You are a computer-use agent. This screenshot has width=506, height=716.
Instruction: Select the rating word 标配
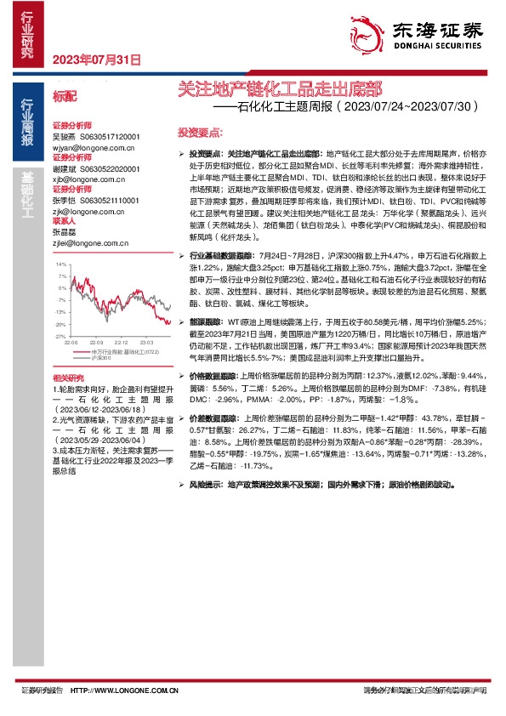pyautogui.click(x=65, y=99)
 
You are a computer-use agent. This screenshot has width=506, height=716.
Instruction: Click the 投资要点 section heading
pyautogui.click(x=201, y=133)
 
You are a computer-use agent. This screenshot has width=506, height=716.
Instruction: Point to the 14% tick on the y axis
pyautogui.click(x=60, y=264)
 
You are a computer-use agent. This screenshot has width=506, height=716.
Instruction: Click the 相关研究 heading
pyautogui.click(x=68, y=377)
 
